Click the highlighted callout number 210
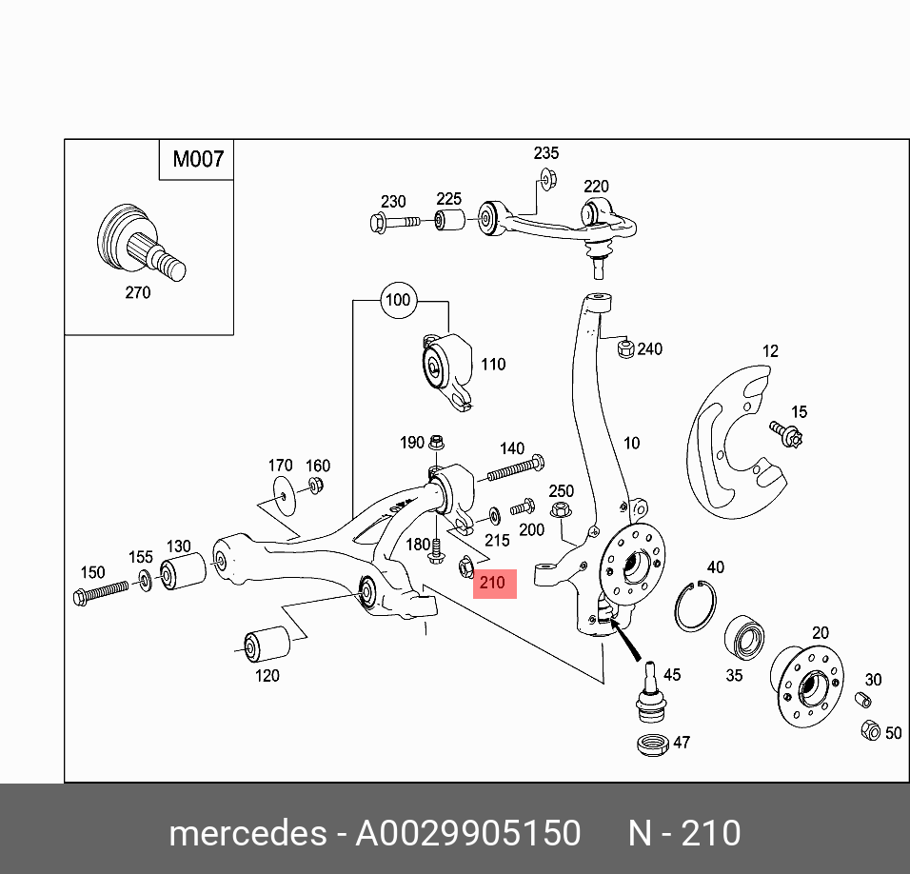pos(494,583)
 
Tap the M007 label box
pos(197,159)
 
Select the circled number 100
pos(397,300)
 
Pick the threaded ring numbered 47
pos(653,744)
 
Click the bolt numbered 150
pos(103,594)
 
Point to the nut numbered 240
pos(624,349)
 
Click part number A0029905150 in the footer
pos(467,833)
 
